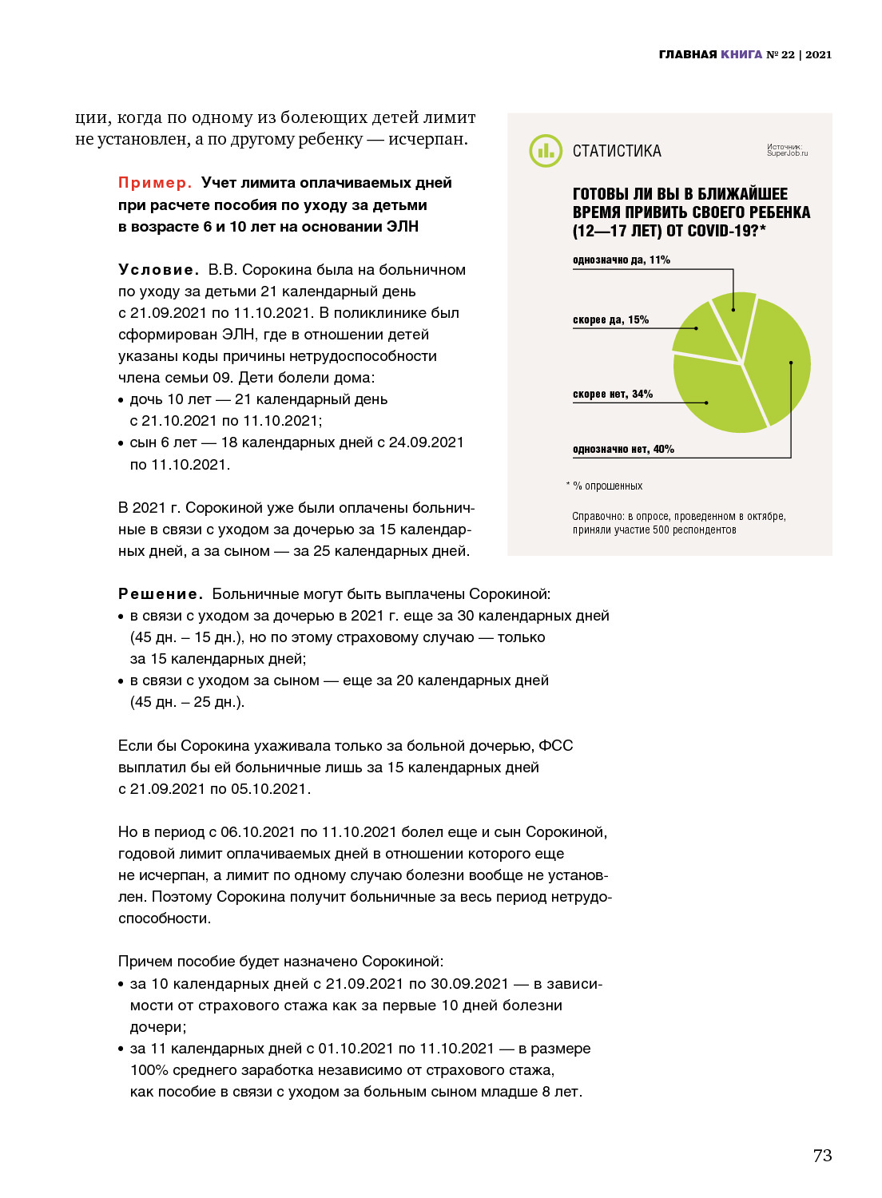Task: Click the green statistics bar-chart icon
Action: tap(546, 150)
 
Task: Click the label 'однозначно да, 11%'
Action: tap(621, 260)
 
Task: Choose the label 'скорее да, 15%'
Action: tap(610, 320)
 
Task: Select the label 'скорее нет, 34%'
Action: tap(612, 395)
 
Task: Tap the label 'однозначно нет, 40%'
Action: tap(623, 450)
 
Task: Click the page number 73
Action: tap(822, 1156)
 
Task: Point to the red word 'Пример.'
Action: tap(155, 183)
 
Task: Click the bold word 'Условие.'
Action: tap(158, 270)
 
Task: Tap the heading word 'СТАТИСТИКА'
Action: tap(617, 151)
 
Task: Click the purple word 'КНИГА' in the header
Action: tap(741, 54)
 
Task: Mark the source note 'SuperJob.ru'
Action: tap(787, 153)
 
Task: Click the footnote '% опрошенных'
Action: tap(607, 486)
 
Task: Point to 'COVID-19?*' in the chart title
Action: tap(726, 231)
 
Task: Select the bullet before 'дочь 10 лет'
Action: tap(121, 400)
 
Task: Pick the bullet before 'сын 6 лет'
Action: tap(121, 443)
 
